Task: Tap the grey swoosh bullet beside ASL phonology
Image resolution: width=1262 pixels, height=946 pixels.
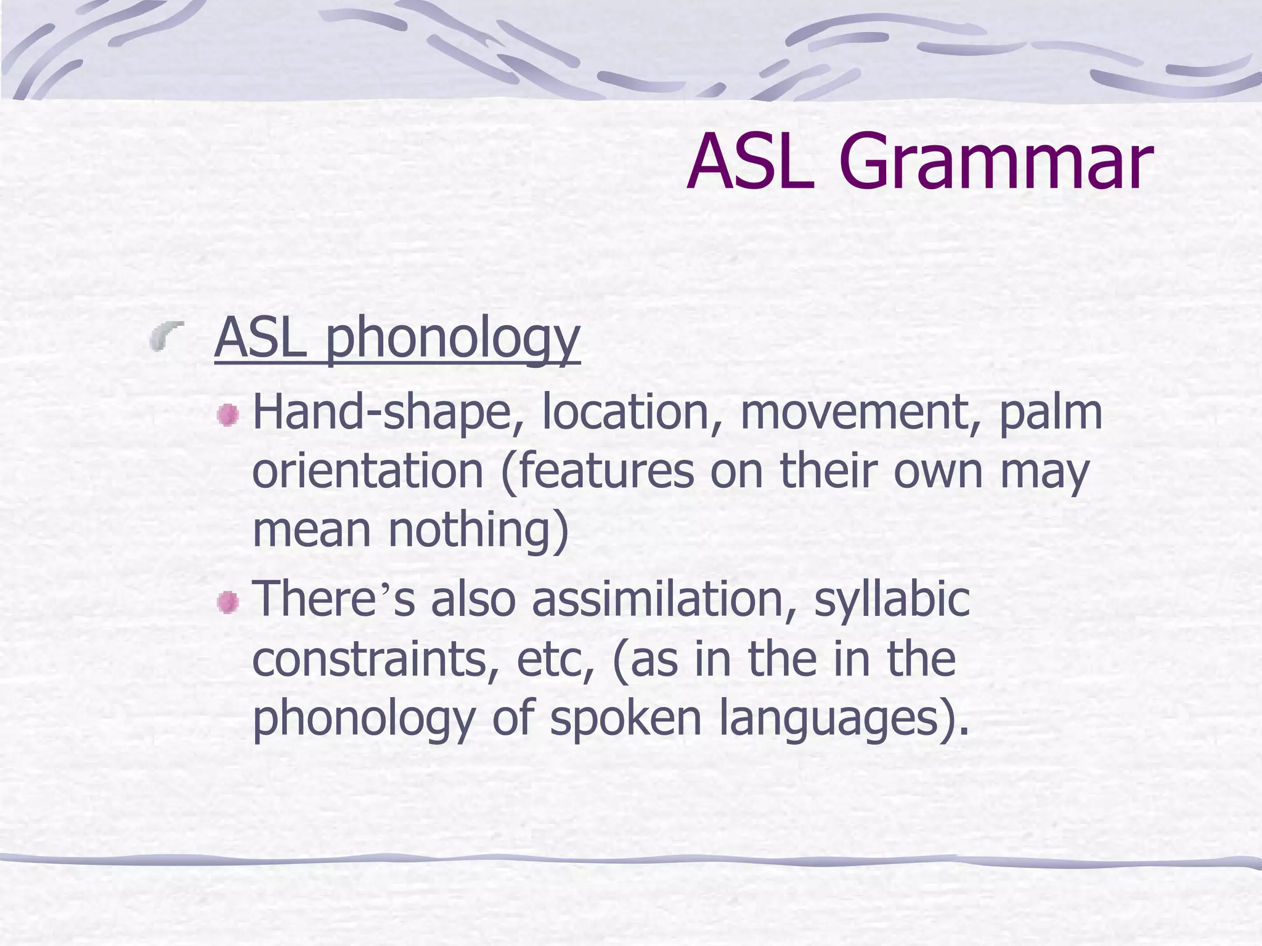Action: coord(167,336)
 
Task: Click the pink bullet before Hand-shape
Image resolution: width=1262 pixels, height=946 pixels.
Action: coord(228,415)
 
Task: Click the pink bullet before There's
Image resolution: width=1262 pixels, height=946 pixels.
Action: coord(228,602)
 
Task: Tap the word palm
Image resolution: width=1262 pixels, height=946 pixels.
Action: coord(1050,413)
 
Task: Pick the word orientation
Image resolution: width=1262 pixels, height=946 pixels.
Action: coord(368,472)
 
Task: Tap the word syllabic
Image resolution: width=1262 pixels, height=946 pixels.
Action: coord(892,599)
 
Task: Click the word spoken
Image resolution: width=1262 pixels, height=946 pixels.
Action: coord(625,718)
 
